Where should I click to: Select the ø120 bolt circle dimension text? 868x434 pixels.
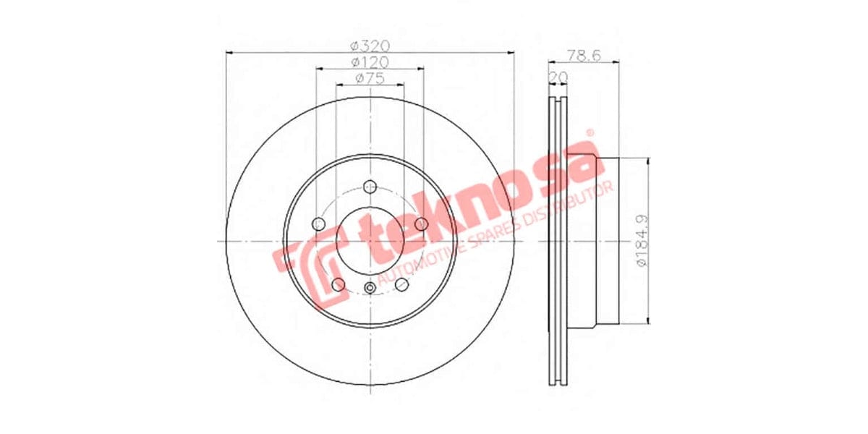point(370,62)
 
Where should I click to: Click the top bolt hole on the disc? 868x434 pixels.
point(370,186)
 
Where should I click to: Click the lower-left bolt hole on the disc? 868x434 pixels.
point(338,284)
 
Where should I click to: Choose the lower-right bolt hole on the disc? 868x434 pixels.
point(403,284)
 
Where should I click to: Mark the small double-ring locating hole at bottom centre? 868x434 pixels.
point(370,289)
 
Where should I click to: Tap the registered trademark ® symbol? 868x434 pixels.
point(590,134)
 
